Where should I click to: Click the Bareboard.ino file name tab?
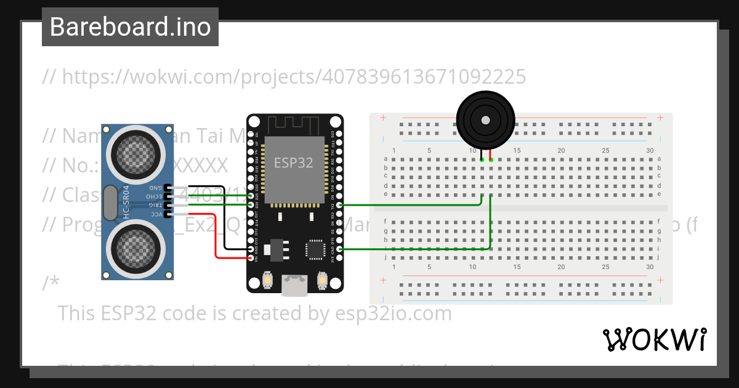(130, 27)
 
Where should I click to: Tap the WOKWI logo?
(654, 339)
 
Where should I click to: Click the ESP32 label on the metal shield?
(294, 163)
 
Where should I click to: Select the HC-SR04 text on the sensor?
(126, 203)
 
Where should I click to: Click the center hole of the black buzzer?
(486, 119)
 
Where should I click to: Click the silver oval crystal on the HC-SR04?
(110, 203)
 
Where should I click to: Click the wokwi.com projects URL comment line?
(284, 77)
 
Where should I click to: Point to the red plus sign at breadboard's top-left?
(383, 118)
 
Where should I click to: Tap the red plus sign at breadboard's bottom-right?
(660, 280)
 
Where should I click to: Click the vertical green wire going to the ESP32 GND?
(490, 222)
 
